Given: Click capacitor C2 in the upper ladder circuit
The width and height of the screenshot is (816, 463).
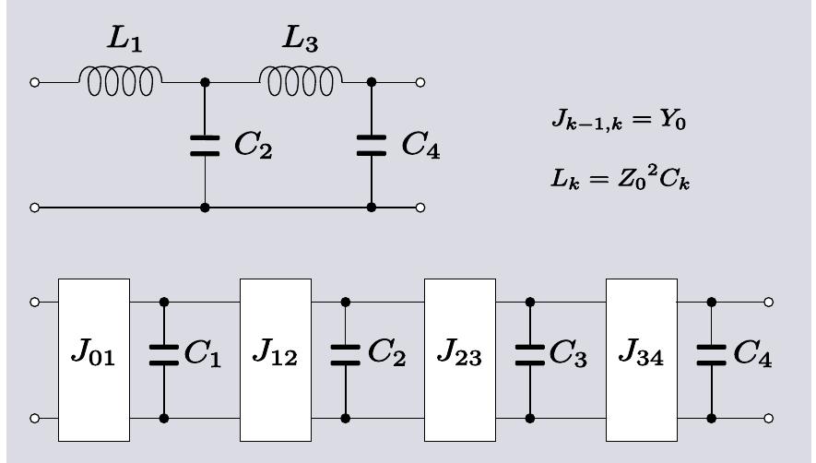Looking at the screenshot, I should [205, 146].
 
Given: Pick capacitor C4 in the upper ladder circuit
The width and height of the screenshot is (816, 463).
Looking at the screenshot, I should [372, 146].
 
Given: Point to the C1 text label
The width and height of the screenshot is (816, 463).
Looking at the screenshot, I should [202, 357].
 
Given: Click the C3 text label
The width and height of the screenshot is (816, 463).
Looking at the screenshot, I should [569, 357].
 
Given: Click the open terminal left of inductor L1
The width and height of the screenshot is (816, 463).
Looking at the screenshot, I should [35, 82].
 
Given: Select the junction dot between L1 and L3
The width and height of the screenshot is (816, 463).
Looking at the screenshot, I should [205, 82].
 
